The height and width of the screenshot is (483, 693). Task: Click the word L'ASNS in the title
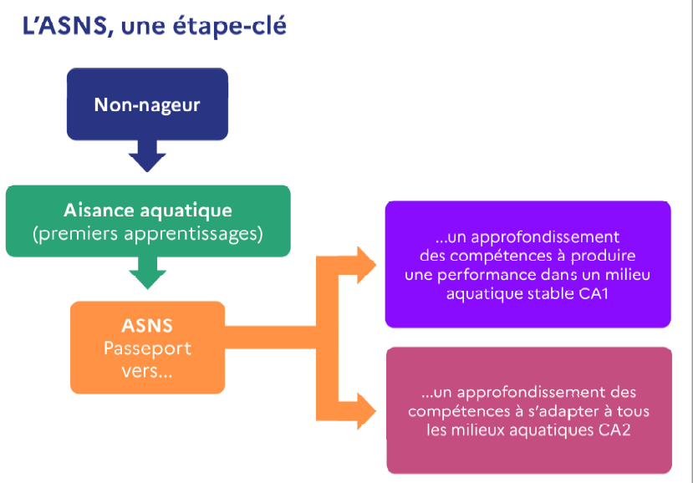click(66, 27)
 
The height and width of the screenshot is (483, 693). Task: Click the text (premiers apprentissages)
click(148, 233)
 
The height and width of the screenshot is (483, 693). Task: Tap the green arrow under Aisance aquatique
click(148, 273)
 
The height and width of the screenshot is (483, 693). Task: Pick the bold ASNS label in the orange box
click(147, 325)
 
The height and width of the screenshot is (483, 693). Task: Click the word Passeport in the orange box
click(147, 348)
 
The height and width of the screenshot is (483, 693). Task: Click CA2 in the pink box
click(618, 431)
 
